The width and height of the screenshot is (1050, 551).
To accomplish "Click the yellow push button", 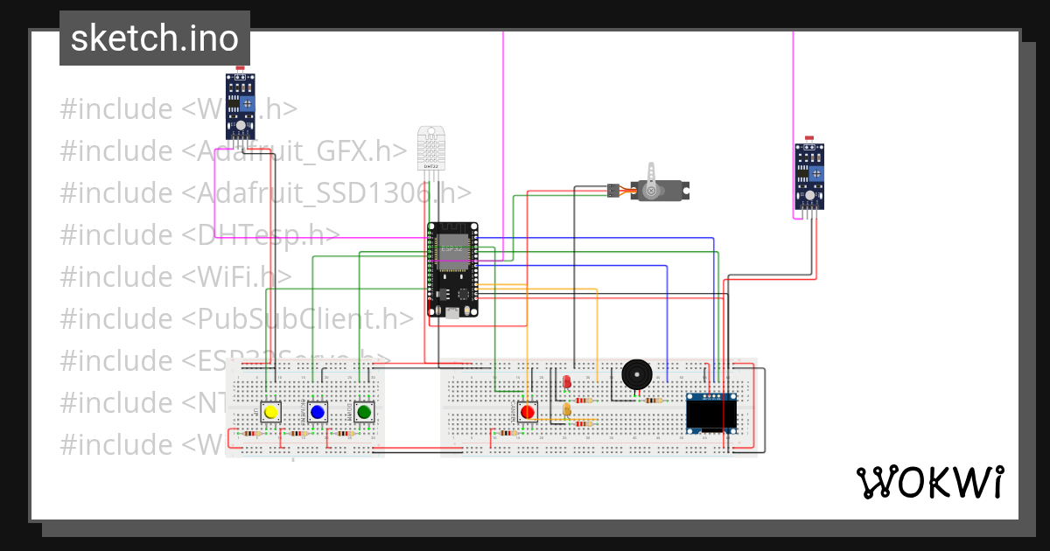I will click(x=271, y=412).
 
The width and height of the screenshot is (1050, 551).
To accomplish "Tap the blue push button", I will click(x=318, y=412).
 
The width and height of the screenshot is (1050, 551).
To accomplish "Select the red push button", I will click(x=527, y=412).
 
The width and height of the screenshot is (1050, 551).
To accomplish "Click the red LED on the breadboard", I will click(x=566, y=382).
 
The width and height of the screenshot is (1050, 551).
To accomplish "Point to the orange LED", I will click(x=567, y=409).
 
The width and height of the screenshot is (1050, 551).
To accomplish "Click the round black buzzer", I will click(x=636, y=375).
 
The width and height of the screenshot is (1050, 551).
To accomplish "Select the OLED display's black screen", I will click(x=711, y=413).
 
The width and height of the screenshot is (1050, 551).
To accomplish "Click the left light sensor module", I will click(x=240, y=106).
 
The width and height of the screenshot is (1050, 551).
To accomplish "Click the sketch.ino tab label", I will click(x=155, y=38).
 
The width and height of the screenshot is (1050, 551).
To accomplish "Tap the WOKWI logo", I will click(x=930, y=483).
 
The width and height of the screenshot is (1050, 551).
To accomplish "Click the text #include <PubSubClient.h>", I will click(x=236, y=318).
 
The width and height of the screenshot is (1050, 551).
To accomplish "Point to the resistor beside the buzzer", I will click(x=652, y=401).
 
